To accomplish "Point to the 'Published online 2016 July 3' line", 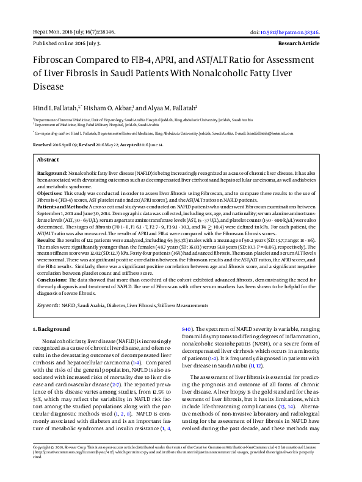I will point(67,44).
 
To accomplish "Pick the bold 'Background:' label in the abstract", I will point(52,174).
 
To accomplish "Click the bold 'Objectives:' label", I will point(51,192).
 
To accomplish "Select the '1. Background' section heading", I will point(51,330).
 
